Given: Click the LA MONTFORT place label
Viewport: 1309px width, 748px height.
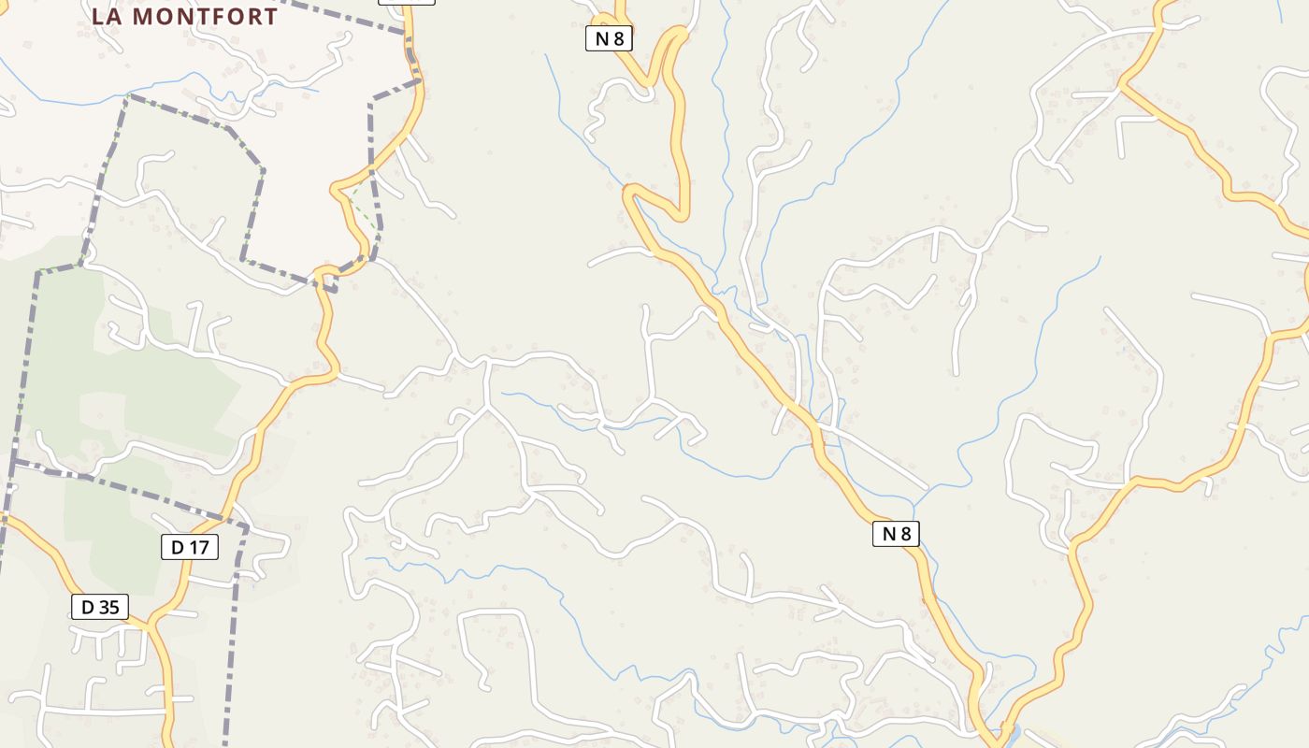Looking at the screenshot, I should [x=184, y=17].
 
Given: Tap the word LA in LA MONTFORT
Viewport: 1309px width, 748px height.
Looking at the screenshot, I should [x=108, y=17].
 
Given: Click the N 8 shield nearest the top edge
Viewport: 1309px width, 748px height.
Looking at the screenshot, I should [x=609, y=38].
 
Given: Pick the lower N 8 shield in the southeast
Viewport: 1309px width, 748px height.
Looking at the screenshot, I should [x=896, y=533].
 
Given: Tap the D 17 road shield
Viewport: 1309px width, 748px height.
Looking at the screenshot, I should [x=190, y=547].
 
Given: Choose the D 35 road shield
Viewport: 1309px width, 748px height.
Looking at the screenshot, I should [x=100, y=607].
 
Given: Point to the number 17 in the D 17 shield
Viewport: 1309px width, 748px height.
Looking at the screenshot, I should [x=200, y=547].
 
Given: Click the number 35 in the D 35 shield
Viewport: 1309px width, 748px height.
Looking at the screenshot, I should [x=109, y=607].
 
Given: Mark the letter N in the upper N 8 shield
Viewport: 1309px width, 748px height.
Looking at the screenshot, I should [x=601, y=38].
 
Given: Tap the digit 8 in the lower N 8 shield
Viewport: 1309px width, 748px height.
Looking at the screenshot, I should [x=904, y=533].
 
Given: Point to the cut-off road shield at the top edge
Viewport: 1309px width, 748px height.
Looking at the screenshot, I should [x=407, y=2].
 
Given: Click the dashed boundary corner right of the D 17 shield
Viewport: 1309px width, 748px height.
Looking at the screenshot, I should [x=246, y=529].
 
